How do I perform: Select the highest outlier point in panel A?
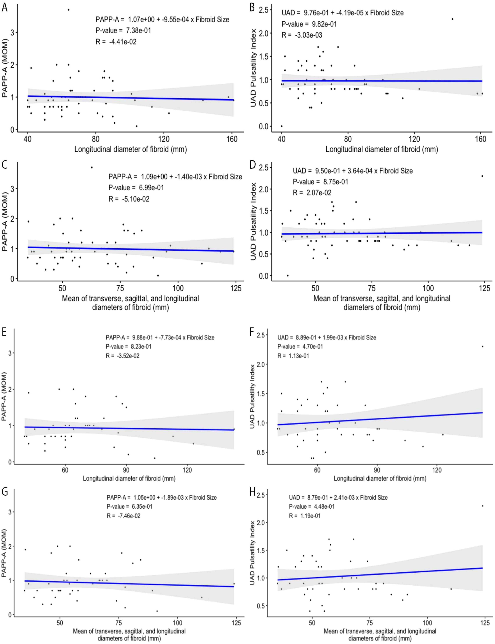click(x=68, y=10)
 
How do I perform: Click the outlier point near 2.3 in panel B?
click(x=452, y=19)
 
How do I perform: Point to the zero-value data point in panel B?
click(x=281, y=126)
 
